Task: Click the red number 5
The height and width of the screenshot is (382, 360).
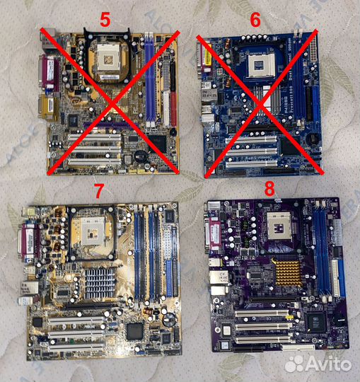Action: [105, 20]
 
